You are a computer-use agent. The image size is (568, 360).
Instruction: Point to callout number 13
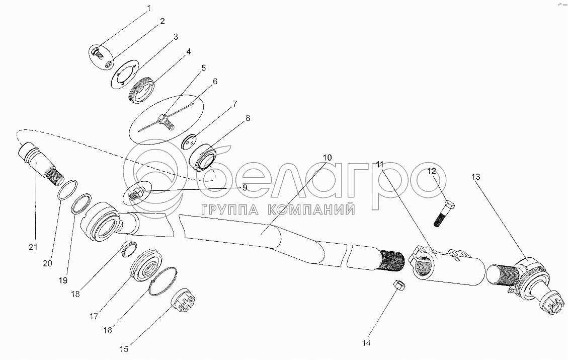[475, 177]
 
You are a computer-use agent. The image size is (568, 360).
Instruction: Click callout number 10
[327, 158]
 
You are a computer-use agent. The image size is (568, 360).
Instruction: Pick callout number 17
[94, 316]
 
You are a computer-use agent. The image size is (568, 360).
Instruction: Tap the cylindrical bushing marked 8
[204, 157]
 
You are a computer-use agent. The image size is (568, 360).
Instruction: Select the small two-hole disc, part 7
[188, 142]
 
